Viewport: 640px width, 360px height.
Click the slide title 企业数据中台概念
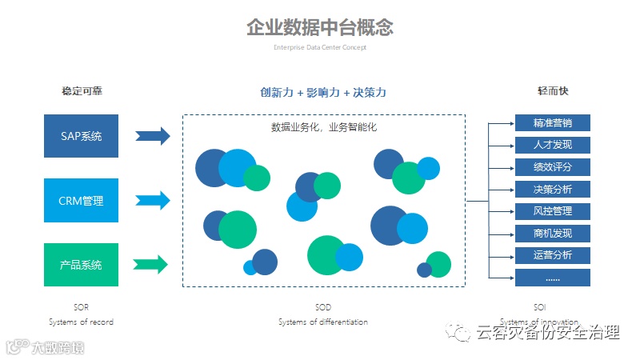[x=320, y=27]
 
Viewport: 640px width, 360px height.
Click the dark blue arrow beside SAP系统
[x=153, y=136]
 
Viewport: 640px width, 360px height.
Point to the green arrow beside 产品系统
[x=151, y=264]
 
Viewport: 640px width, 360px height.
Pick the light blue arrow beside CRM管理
[x=153, y=200]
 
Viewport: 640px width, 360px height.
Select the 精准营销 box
[x=552, y=123]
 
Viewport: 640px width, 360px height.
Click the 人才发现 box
[x=552, y=145]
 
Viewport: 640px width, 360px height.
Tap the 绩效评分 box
[x=552, y=167]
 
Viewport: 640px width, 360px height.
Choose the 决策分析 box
[x=552, y=190]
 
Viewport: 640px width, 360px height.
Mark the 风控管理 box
[x=552, y=211]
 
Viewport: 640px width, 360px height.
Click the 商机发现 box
[x=552, y=234]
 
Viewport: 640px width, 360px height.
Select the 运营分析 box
[x=552, y=255]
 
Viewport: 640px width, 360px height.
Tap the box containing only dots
[x=552, y=278]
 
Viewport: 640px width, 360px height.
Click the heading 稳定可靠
[x=82, y=91]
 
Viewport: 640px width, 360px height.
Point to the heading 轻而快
[x=552, y=91]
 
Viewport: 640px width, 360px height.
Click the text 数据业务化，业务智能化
[x=323, y=127]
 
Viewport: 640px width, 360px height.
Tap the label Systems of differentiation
[x=323, y=322]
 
